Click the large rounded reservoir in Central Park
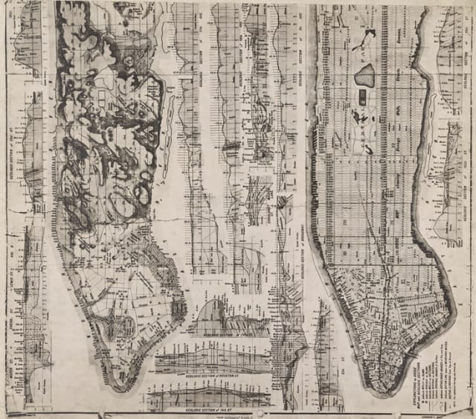pyautogui.click(x=364, y=74)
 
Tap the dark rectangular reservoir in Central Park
pyautogui.click(x=362, y=96)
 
